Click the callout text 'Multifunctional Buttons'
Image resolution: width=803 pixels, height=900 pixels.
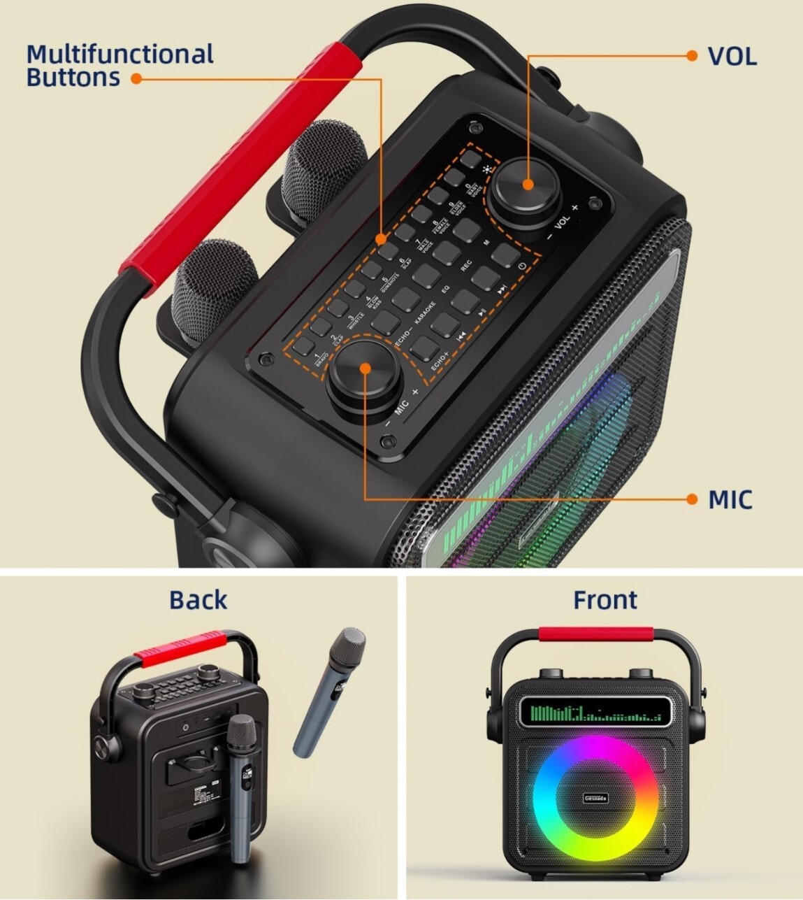tap(120, 65)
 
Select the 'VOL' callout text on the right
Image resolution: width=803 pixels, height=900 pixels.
tap(732, 57)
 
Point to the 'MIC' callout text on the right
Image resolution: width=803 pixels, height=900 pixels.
tap(730, 500)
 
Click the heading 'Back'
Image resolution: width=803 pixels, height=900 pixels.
tap(198, 600)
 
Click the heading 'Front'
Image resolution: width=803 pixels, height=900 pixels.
tap(605, 600)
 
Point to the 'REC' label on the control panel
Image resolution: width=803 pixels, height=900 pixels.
tap(466, 266)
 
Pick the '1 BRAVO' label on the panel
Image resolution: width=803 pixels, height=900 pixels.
tap(320, 359)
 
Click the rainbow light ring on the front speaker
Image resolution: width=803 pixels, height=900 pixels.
tap(595, 798)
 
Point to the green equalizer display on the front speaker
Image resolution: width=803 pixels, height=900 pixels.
tap(594, 713)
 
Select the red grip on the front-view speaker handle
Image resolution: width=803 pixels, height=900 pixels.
tap(595, 634)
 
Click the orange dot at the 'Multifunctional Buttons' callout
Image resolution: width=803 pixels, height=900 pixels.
tap(136, 79)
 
